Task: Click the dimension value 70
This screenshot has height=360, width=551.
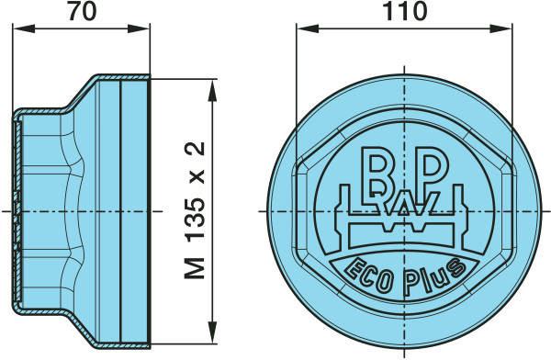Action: (x=82, y=11)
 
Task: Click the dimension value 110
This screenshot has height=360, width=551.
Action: (x=404, y=11)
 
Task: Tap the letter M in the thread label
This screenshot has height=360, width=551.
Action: (x=195, y=268)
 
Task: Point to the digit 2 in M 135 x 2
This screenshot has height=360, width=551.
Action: (x=195, y=149)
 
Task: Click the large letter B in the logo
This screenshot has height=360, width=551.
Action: (x=378, y=172)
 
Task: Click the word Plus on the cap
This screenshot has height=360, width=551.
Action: (x=434, y=277)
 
